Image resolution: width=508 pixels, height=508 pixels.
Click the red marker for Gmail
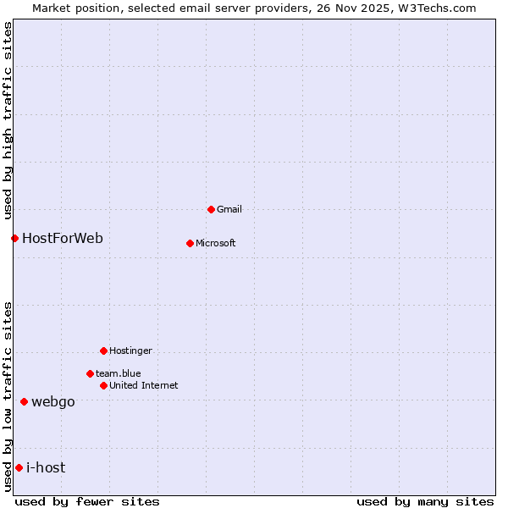pyautogui.click(x=211, y=209)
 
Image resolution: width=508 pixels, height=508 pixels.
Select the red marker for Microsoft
pyautogui.click(x=190, y=243)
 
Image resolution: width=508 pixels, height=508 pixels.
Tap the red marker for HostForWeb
pyautogui.click(x=14, y=238)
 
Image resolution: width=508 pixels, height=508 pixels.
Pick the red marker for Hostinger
pyautogui.click(x=103, y=351)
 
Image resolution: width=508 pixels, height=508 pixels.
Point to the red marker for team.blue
pyautogui.click(x=90, y=373)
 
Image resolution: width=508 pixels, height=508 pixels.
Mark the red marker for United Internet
pyautogui.click(x=103, y=385)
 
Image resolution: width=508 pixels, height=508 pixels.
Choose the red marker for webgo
pyautogui.click(x=24, y=401)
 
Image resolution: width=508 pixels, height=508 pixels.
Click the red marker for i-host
pyautogui.click(x=19, y=467)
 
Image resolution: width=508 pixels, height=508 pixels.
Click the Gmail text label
pyautogui.click(x=229, y=209)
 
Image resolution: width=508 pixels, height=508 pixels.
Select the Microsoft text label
pyautogui.click(x=215, y=243)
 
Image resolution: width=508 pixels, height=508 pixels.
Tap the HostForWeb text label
pyautogui.click(x=63, y=238)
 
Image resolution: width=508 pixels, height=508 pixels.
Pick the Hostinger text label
pyautogui.click(x=130, y=351)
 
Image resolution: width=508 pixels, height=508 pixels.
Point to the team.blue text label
pyautogui.click(x=118, y=373)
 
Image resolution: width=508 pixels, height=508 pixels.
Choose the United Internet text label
pyautogui.click(x=143, y=385)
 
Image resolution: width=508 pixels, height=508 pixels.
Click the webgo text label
pyautogui.click(x=52, y=401)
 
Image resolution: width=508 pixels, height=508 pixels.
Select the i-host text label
pyautogui.click(x=46, y=467)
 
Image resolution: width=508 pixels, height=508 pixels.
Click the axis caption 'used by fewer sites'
pyautogui.click(x=87, y=501)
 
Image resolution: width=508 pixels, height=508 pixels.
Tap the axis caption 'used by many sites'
pyautogui.click(x=425, y=501)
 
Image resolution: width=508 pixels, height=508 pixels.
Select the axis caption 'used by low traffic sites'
pyautogui.click(x=8, y=396)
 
